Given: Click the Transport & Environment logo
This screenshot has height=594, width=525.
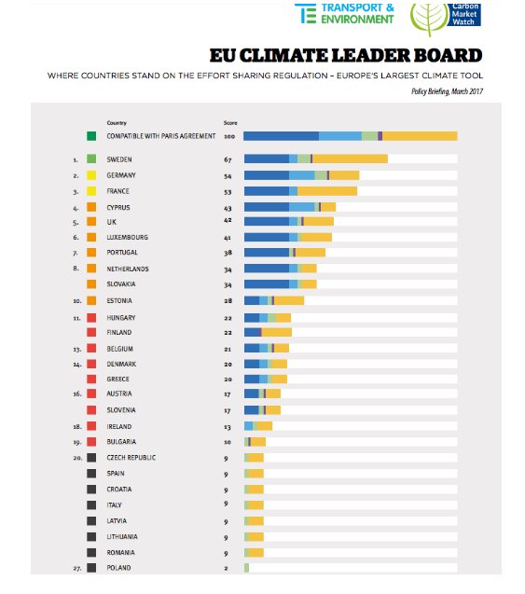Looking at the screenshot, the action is [344, 14].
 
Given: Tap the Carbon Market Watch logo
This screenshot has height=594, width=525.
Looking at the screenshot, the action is [446, 19].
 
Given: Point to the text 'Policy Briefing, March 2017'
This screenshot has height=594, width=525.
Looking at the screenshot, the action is [447, 91].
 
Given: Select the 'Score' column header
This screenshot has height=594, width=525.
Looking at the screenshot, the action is [230, 123].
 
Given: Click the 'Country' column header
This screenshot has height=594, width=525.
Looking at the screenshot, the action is [117, 123].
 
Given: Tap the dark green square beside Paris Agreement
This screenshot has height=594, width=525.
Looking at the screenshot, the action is [91, 136].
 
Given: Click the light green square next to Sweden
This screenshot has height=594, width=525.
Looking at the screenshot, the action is [91, 159].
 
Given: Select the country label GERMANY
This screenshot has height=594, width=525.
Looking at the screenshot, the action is [121, 175].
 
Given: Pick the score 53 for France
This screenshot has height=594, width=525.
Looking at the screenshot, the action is [228, 192].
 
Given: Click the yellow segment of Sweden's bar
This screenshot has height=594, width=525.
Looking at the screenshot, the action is [350, 159].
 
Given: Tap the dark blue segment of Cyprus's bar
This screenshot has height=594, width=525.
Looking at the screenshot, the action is [267, 207].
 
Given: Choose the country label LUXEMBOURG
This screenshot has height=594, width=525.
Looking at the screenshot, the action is [127, 238].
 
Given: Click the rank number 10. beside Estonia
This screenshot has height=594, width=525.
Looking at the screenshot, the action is [77, 301].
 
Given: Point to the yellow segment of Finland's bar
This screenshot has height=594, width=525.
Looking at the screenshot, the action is [277, 332].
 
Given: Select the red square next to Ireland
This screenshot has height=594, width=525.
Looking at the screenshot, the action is [91, 426].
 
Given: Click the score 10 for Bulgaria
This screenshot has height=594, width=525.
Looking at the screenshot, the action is [228, 442].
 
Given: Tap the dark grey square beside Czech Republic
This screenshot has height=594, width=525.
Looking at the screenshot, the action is [91, 458].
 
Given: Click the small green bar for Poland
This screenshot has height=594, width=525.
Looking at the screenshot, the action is [246, 568].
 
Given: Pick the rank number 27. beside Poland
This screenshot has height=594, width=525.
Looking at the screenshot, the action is [77, 568].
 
